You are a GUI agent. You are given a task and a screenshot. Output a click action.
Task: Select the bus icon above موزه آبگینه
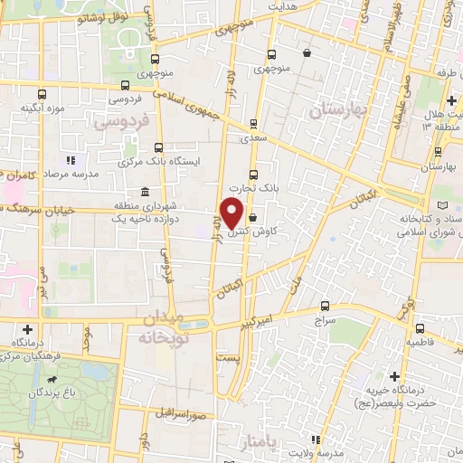click(x=41, y=93)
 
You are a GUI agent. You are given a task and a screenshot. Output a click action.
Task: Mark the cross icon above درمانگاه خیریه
click(x=394, y=375)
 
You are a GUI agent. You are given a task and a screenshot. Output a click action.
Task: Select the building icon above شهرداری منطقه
click(x=146, y=192)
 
